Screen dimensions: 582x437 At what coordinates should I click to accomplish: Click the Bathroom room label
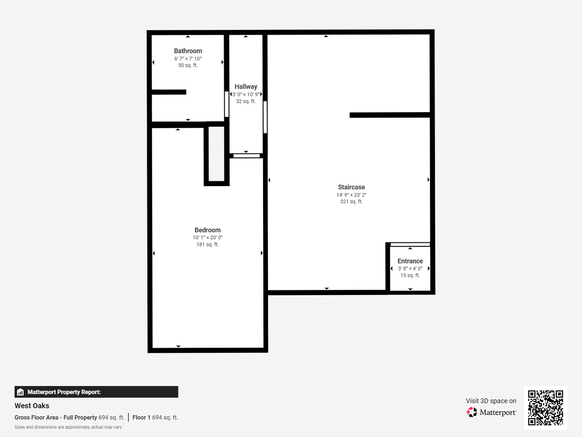pyautogui.click(x=188, y=51)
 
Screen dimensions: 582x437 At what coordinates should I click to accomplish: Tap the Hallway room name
pyautogui.click(x=246, y=87)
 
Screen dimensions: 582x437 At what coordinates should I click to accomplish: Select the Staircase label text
pyautogui.click(x=351, y=187)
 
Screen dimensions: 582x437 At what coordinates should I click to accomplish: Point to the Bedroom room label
pyautogui.click(x=208, y=230)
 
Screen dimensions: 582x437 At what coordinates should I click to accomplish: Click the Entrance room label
pyautogui.click(x=410, y=261)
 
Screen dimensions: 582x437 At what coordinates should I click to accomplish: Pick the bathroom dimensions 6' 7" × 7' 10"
pyautogui.click(x=188, y=59)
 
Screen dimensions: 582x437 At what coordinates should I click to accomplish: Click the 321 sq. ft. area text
pyautogui.click(x=351, y=202)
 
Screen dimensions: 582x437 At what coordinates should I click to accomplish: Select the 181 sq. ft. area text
pyautogui.click(x=208, y=244)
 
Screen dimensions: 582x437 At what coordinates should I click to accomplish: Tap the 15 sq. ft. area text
pyautogui.click(x=410, y=276)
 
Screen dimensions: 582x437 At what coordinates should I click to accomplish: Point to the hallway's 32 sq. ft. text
pyautogui.click(x=246, y=101)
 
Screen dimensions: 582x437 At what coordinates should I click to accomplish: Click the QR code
pyautogui.click(x=545, y=408)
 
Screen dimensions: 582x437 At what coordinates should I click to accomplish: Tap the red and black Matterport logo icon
pyautogui.click(x=472, y=412)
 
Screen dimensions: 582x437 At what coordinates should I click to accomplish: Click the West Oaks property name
pyautogui.click(x=32, y=406)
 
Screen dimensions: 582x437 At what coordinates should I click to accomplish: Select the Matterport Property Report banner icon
pyautogui.click(x=21, y=392)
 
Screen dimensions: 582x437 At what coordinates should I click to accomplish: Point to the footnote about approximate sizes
pyautogui.click(x=68, y=427)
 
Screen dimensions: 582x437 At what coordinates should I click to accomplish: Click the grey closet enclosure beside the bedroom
pyautogui.click(x=216, y=154)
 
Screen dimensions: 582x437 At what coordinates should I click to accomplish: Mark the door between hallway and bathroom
pyautogui.click(x=227, y=104)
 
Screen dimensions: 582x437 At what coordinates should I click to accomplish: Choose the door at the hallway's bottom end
pyautogui.click(x=246, y=156)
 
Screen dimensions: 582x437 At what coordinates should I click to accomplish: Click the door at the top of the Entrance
pyautogui.click(x=410, y=244)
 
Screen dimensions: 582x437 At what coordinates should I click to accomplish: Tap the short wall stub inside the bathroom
pyautogui.click(x=169, y=92)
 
